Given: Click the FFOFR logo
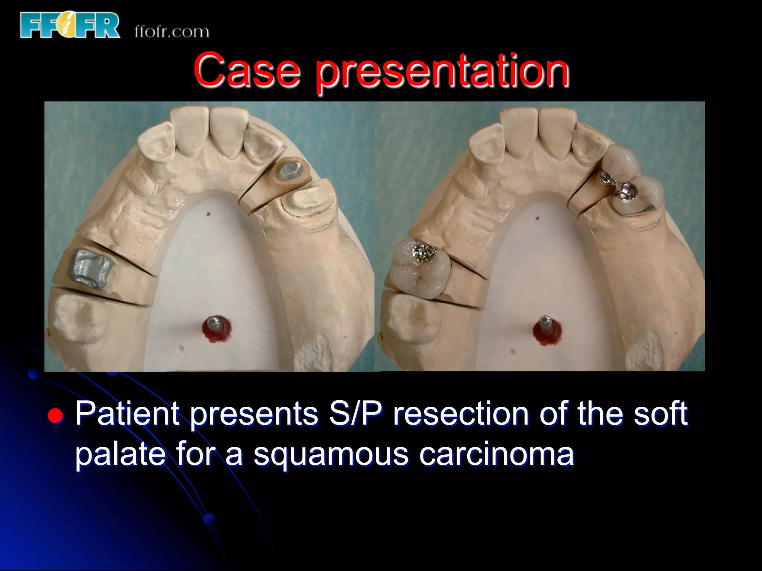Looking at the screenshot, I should click(x=70, y=25).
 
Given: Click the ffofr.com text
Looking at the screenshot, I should click(x=172, y=32).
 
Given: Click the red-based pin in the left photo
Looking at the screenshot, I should click(x=216, y=328).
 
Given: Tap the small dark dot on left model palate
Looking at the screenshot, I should click(x=208, y=214).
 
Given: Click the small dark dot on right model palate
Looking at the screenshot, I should click(x=537, y=218).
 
